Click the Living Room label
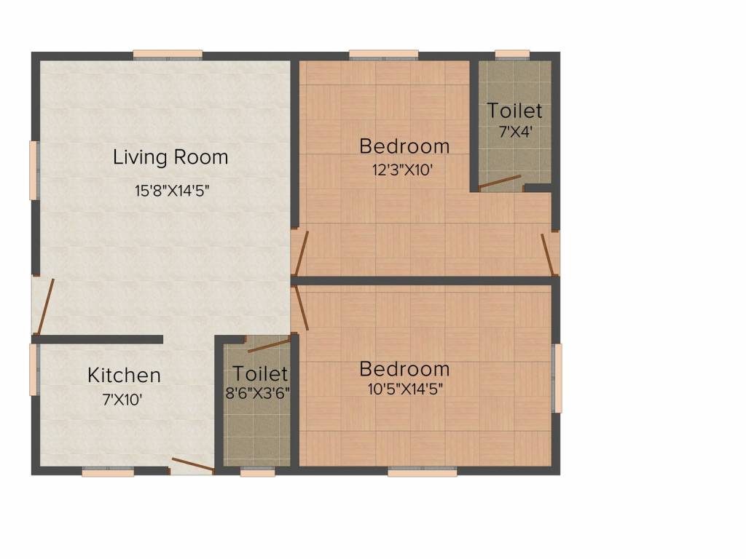170,157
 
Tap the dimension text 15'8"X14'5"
172,191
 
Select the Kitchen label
124,376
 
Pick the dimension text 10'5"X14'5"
405,389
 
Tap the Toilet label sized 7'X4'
514,111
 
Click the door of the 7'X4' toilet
500,182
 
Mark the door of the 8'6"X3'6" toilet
269,344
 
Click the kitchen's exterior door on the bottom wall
192,466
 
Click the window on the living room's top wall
168,55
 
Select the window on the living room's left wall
33,170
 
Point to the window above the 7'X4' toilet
512,55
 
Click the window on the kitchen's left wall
33,369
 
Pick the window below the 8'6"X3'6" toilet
258,472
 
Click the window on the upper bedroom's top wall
383,55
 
